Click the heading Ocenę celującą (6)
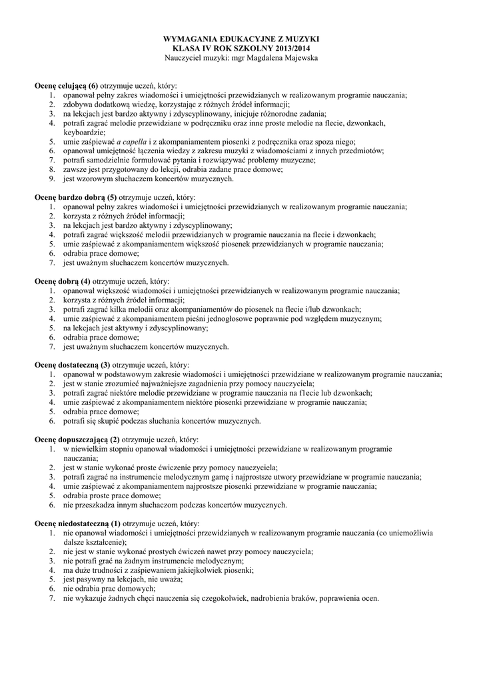click(67, 86)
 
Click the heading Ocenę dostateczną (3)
click(73, 365)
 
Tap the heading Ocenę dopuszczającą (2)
click(77, 440)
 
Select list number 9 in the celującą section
click(52, 179)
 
